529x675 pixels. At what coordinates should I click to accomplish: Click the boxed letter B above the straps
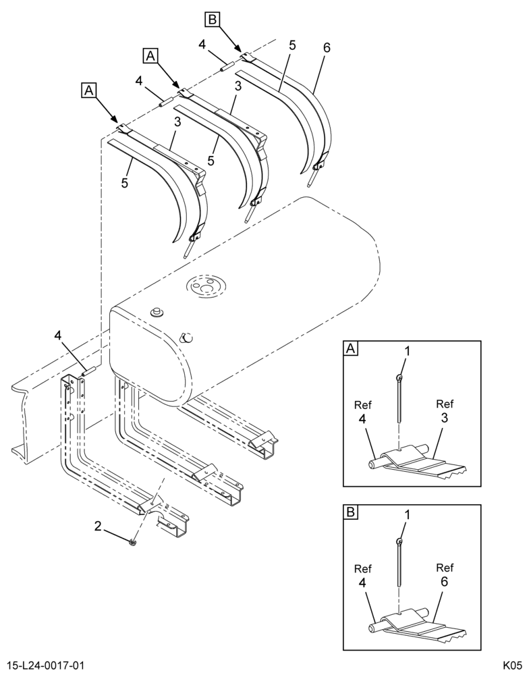tap(213, 19)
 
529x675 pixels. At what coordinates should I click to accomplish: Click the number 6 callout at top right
tap(327, 48)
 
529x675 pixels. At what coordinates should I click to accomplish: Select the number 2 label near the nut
tap(98, 526)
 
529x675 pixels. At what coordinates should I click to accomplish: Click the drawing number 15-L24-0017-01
tap(45, 665)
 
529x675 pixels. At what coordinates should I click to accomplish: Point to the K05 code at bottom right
tap(512, 665)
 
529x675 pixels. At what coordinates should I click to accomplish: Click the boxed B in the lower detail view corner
tap(350, 512)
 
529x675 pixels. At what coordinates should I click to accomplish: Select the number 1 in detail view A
tap(407, 351)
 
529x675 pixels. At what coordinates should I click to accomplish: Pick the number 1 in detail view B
tap(407, 515)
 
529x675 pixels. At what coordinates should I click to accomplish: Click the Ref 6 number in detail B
tap(444, 582)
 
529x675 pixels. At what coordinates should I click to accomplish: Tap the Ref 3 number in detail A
tap(444, 418)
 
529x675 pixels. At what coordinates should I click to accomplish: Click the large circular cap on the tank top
tap(206, 285)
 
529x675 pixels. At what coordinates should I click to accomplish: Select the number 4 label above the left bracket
tap(59, 335)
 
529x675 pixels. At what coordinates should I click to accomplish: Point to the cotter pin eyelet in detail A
tap(400, 378)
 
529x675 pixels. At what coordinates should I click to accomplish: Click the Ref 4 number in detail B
tap(362, 583)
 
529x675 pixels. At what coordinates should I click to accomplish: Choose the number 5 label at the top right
tap(293, 46)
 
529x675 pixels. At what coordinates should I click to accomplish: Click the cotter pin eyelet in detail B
tap(400, 541)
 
